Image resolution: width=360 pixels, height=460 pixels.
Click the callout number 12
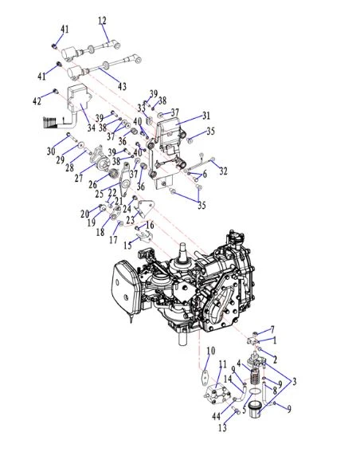(x=102, y=21)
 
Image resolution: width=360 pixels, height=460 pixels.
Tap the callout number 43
(x=122, y=86)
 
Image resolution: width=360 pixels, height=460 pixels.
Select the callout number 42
(x=37, y=101)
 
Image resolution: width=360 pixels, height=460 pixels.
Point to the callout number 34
(x=92, y=128)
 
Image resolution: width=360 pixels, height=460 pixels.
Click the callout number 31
(x=206, y=116)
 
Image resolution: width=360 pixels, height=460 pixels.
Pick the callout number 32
(x=223, y=171)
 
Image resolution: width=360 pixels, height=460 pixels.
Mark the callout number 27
(x=79, y=178)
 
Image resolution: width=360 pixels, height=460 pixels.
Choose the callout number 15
(x=127, y=246)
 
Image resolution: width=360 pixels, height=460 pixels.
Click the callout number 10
(x=211, y=351)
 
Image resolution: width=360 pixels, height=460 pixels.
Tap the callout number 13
(x=222, y=427)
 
